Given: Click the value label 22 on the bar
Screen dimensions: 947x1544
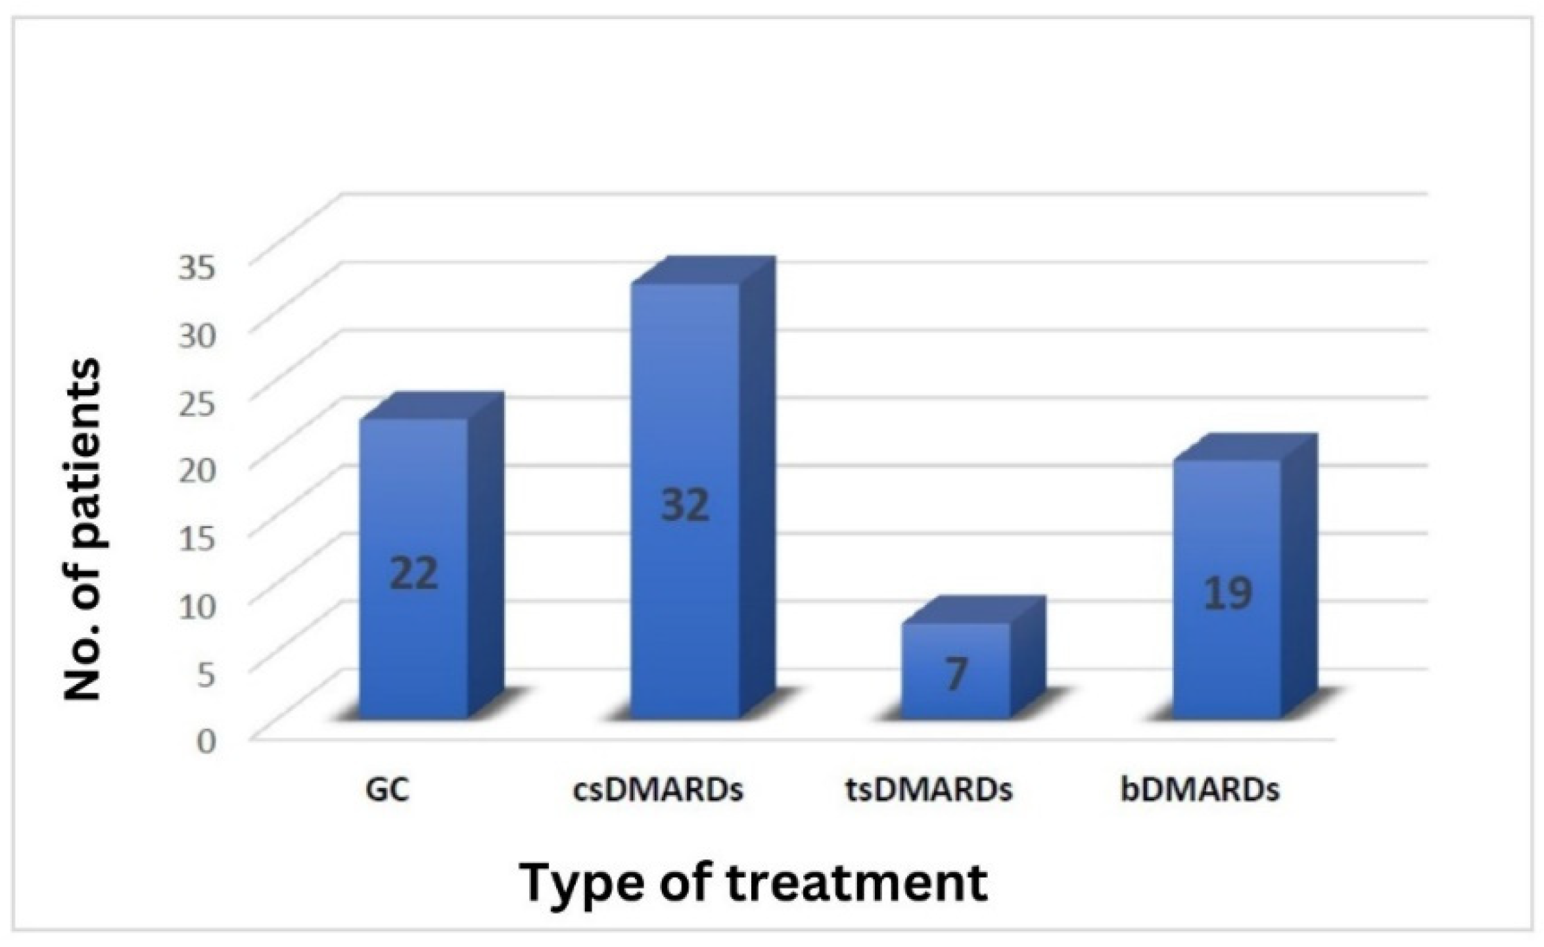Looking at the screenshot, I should tap(414, 573).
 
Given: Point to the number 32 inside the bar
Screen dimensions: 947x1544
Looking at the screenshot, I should tap(685, 505).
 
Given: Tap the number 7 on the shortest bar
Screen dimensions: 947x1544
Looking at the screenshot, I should tap(956, 674).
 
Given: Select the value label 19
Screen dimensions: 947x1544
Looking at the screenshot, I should tap(1227, 593).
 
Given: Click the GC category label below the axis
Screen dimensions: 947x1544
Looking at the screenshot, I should tap(388, 790).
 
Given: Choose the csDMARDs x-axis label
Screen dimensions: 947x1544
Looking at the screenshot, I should tap(658, 790).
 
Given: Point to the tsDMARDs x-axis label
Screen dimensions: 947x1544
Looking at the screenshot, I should tap(929, 790).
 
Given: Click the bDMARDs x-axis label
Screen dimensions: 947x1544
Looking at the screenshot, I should tap(1200, 790).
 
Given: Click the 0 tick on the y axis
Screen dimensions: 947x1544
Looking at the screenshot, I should tap(206, 741).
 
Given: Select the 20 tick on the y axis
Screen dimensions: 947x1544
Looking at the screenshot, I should tap(197, 471).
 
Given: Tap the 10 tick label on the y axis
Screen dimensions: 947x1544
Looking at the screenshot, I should tap(197, 606).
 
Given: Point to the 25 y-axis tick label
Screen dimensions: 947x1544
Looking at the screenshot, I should tap(197, 403).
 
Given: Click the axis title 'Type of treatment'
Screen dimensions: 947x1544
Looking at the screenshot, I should tap(754, 883).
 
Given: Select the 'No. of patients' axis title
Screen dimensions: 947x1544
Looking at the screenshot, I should tap(83, 529).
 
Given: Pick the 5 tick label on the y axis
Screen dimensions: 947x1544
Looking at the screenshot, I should tap(206, 675).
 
